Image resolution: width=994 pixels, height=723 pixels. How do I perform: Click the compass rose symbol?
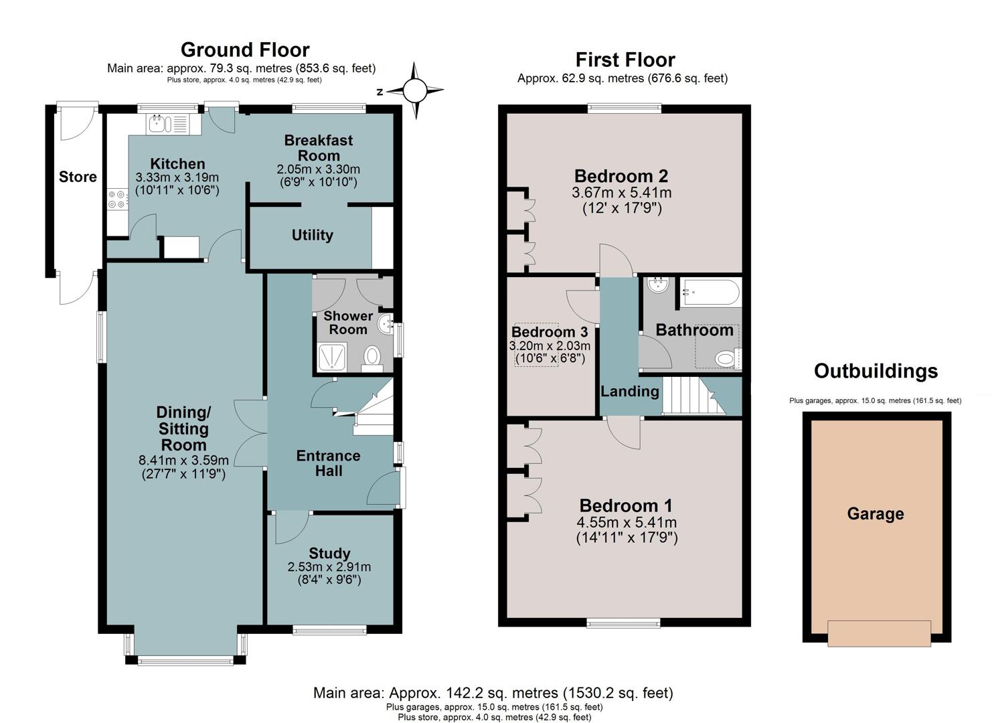[415, 90]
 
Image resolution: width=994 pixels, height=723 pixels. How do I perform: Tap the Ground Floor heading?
[245, 50]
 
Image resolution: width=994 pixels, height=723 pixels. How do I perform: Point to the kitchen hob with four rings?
[118, 199]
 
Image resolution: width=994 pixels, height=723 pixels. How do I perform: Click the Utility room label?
[312, 235]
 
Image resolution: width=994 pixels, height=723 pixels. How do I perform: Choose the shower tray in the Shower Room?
[333, 356]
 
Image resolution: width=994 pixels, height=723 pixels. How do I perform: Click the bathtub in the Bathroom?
[710, 292]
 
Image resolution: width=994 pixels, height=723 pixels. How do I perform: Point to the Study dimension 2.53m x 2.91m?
[329, 567]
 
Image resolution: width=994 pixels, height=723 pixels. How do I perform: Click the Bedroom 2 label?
[621, 176]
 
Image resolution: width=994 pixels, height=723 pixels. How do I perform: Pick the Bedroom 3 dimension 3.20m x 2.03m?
[550, 345]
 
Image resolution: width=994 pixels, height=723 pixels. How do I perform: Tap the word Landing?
[630, 392]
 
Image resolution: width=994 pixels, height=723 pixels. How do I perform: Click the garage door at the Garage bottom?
[879, 633]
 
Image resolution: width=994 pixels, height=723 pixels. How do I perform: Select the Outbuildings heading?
[876, 371]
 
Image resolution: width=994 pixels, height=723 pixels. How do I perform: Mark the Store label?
[78, 177]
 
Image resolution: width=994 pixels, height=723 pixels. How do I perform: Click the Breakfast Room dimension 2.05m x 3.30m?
[318, 169]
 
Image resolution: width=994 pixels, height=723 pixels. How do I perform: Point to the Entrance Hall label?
[329, 463]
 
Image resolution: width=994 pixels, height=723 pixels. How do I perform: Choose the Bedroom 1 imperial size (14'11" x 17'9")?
[627, 538]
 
